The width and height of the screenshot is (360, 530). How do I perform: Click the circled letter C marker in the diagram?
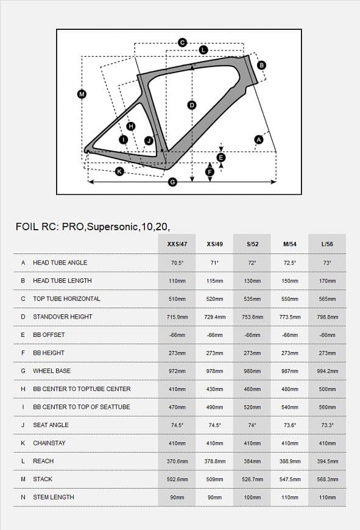[x=182, y=43]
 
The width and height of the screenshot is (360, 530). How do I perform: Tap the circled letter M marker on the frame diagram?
[x=82, y=94]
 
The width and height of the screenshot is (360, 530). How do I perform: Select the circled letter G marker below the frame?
[x=172, y=182]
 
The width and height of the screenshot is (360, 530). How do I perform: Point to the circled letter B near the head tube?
[x=261, y=65]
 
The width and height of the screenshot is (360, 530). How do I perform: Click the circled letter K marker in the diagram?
[x=119, y=171]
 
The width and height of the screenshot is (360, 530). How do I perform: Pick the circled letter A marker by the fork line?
[x=258, y=140]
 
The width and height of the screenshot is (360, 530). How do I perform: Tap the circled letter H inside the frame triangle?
[x=130, y=126]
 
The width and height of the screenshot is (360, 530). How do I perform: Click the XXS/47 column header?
[x=177, y=244]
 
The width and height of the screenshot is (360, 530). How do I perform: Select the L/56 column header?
[x=327, y=244]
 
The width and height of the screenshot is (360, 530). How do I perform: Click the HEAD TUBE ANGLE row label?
[x=60, y=263]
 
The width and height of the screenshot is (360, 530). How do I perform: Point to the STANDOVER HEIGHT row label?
[x=62, y=317]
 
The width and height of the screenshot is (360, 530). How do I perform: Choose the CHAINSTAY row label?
[x=49, y=443]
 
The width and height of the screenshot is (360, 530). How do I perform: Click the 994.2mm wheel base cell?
[x=327, y=371]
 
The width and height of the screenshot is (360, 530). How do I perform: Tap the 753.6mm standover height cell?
[x=252, y=317]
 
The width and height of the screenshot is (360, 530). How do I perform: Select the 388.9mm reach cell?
[x=290, y=461]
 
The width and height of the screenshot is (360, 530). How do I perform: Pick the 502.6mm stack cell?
[x=177, y=479]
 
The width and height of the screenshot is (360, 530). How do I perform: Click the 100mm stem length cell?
[x=252, y=497]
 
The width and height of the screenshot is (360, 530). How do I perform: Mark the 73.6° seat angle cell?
[x=290, y=425]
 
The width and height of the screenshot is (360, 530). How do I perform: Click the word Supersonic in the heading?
[x=111, y=227]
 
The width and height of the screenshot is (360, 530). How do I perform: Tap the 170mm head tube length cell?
[x=327, y=281]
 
